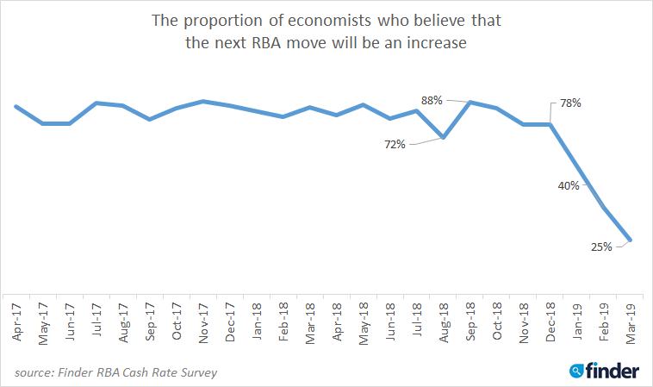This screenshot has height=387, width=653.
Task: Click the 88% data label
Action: pos(432,100)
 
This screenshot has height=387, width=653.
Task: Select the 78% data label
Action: pos(570,103)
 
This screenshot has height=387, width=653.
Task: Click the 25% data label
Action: pos(601,247)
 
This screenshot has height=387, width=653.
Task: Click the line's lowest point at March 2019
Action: pos(631,240)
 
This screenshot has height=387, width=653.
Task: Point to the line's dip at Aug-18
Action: pos(444,137)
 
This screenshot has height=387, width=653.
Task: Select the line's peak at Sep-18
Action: pos(470,102)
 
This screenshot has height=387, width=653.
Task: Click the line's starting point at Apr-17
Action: pos(16,106)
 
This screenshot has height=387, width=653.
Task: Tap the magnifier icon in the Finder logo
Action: pos(578,371)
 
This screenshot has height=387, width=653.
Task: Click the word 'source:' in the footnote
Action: pos(32,371)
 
